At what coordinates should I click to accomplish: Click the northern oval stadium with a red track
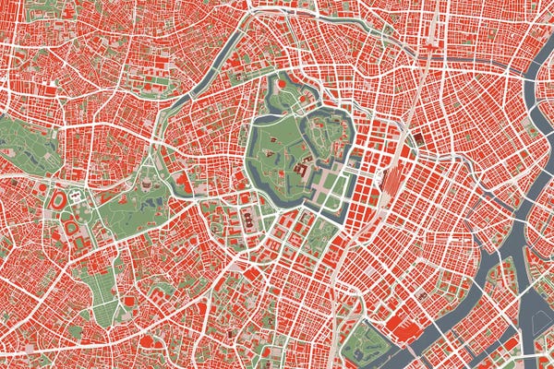pyautogui.click(x=58, y=199)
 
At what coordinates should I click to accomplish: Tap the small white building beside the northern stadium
pyautogui.click(x=76, y=196)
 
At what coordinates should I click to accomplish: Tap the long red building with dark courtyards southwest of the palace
pyautogui.click(x=248, y=220)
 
